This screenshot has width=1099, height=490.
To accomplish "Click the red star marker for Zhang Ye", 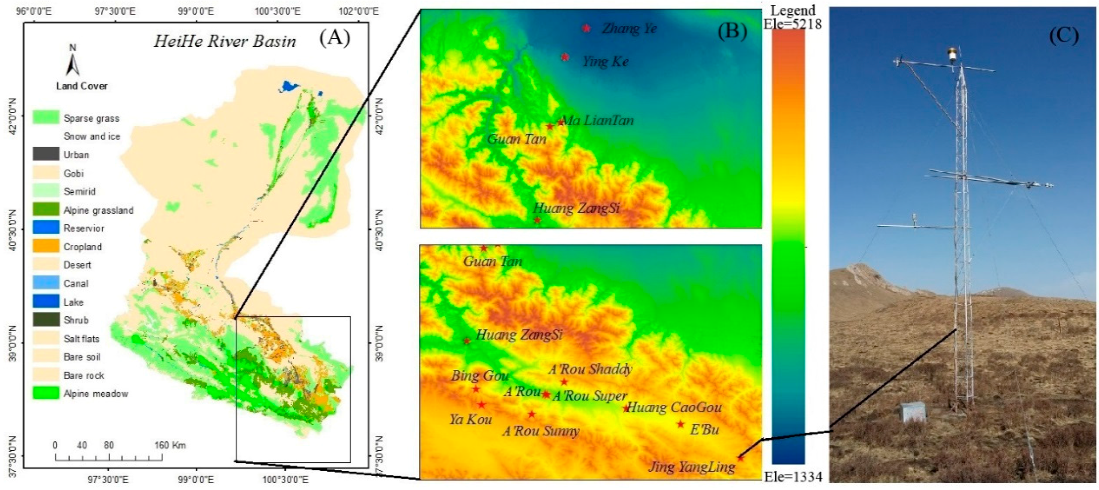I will (x=586, y=28).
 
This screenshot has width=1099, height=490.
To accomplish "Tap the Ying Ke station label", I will (x=605, y=62).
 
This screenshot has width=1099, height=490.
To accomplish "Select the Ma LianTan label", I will (x=598, y=120).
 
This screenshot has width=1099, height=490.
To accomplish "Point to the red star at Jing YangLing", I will (x=740, y=458).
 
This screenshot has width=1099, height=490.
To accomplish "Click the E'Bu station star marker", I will (x=680, y=424).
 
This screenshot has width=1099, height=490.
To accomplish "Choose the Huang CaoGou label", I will (x=674, y=407).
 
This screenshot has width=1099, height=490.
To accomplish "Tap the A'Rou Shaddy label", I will (x=590, y=369).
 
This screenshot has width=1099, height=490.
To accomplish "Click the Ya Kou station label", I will (x=470, y=419).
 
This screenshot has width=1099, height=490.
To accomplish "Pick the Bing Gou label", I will (x=479, y=376).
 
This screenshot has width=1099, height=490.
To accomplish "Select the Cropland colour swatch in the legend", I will (x=46, y=247).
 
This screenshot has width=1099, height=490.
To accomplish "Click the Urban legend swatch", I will (x=46, y=154).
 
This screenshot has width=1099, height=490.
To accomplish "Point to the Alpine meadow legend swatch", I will (x=46, y=393).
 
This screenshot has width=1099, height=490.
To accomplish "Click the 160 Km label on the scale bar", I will (x=170, y=445).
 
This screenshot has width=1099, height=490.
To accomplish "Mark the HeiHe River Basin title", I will (x=224, y=41).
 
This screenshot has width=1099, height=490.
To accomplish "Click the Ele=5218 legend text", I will (x=792, y=24).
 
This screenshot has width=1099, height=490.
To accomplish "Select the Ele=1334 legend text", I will (x=792, y=477).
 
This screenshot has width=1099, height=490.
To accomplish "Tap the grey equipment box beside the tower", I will (x=912, y=412).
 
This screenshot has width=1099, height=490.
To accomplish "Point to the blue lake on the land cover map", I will (x=289, y=87).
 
